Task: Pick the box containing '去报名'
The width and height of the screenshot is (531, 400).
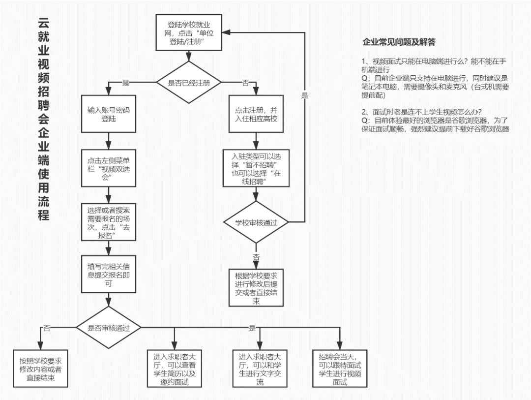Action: (108, 222)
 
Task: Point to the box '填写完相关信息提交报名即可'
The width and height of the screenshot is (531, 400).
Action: (108, 274)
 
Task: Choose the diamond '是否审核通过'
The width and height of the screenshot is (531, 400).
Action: (108, 328)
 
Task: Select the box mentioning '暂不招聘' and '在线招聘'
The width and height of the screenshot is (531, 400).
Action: (256, 168)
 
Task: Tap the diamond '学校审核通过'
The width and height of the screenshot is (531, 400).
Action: (256, 222)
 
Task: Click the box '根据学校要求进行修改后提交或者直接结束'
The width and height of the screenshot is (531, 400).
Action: (256, 288)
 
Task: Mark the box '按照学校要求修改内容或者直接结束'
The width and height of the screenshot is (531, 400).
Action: (40, 369)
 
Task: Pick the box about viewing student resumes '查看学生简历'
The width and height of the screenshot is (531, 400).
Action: (175, 369)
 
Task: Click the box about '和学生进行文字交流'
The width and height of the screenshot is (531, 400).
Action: (260, 369)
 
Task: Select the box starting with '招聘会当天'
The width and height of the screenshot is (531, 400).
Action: (340, 369)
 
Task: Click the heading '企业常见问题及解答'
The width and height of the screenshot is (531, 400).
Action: (399, 42)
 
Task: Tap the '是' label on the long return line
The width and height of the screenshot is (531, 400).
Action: (305, 95)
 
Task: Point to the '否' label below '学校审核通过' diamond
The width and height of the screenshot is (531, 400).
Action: (256, 257)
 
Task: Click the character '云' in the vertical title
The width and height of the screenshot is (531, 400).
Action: (43, 24)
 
